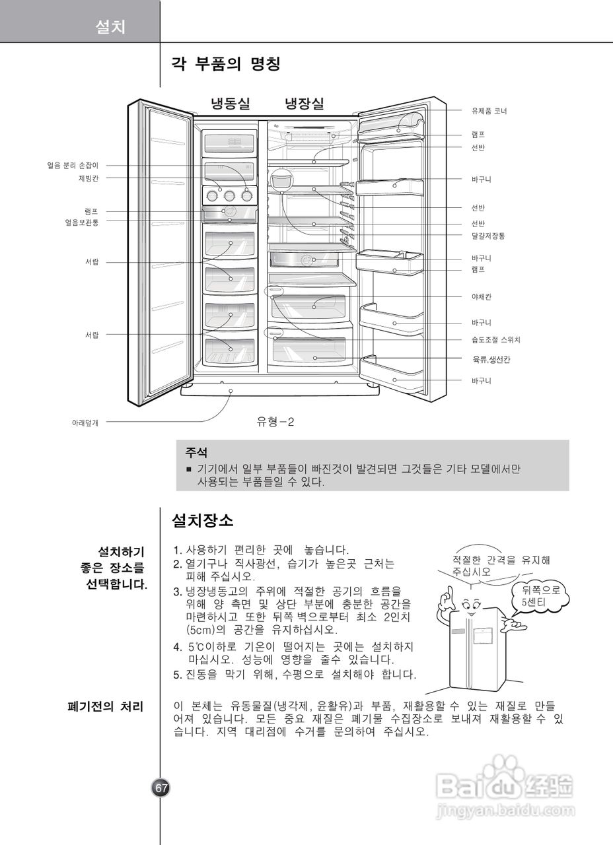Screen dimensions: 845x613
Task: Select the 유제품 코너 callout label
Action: click(x=489, y=111)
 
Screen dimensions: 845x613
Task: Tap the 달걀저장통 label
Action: click(x=488, y=236)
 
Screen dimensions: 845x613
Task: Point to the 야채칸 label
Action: click(x=482, y=297)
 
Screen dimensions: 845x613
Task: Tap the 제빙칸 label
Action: click(x=89, y=178)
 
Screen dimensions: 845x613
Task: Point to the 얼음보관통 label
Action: click(x=82, y=222)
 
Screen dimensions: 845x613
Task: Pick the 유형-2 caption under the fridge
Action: click(x=275, y=422)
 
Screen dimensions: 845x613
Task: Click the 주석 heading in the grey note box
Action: click(x=196, y=454)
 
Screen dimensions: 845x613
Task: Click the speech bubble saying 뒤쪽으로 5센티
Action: click(x=540, y=597)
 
